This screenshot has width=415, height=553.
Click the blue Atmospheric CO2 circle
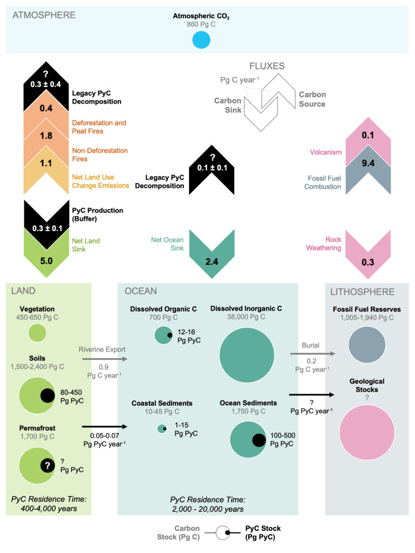pyautogui.click(x=201, y=41)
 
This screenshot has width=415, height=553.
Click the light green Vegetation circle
pyautogui.click(x=37, y=333)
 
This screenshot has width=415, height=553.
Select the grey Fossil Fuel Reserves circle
pyautogui.click(x=367, y=346)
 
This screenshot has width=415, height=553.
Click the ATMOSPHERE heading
pyautogui.click(x=44, y=15)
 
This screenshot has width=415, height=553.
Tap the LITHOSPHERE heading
pyautogui.click(x=362, y=292)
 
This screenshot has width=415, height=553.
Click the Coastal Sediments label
pyautogui.click(x=161, y=403)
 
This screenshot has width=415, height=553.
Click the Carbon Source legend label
pyautogui.click(x=312, y=99)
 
